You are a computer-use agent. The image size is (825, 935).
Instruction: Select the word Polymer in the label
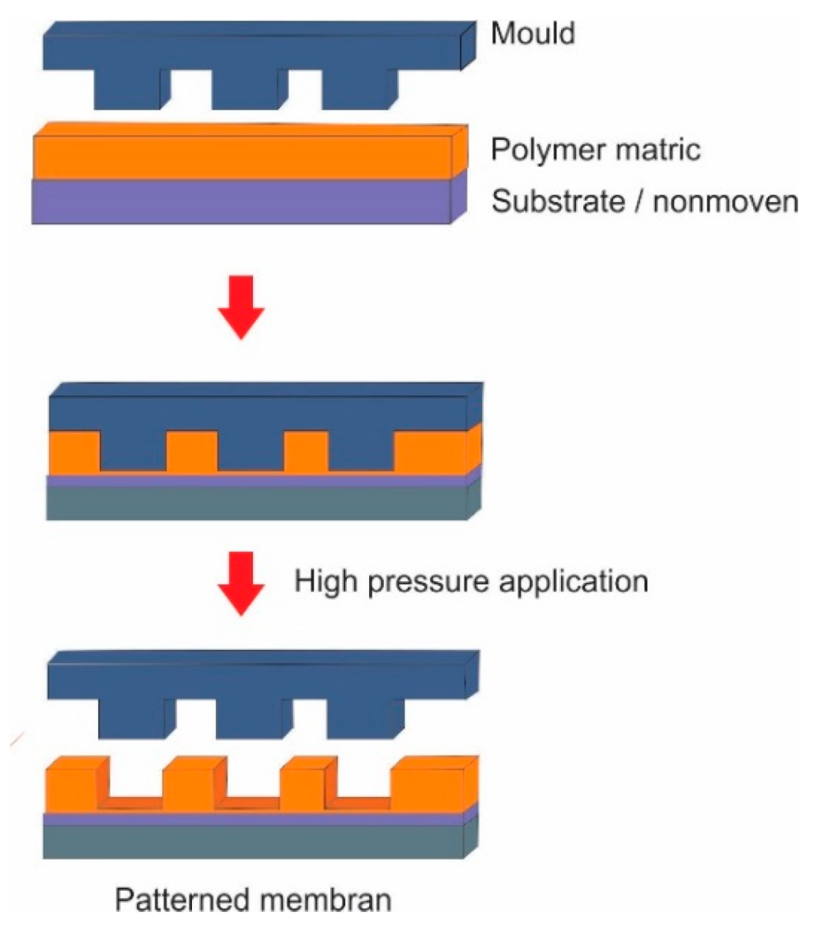[x=544, y=149]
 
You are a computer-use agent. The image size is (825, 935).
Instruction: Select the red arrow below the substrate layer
[x=243, y=304]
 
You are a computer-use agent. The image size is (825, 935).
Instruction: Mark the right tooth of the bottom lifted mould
[x=364, y=717]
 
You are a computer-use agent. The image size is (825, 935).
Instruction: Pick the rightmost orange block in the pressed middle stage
[x=431, y=451]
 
